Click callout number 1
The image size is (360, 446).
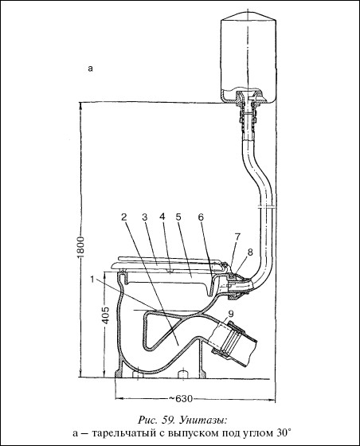tap(92, 280)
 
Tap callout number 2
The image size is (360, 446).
tap(123, 217)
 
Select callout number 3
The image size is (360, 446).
tap(144, 217)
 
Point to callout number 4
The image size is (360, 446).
tap(162, 217)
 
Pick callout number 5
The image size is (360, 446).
tap(178, 217)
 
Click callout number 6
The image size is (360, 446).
tap(201, 217)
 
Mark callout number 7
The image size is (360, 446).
tap(237, 237)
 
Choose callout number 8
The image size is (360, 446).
tap(249, 252)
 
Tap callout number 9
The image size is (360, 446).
tap(230, 314)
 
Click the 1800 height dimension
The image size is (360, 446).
tap(80, 248)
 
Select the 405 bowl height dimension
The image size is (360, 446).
tap(105, 315)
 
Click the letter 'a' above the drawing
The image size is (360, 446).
tap(91, 68)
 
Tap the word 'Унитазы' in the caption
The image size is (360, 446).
tap(207, 421)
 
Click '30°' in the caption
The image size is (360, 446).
tap(283, 433)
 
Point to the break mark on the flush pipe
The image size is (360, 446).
tap(266, 207)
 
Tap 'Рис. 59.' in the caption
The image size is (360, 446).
tap(161, 421)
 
